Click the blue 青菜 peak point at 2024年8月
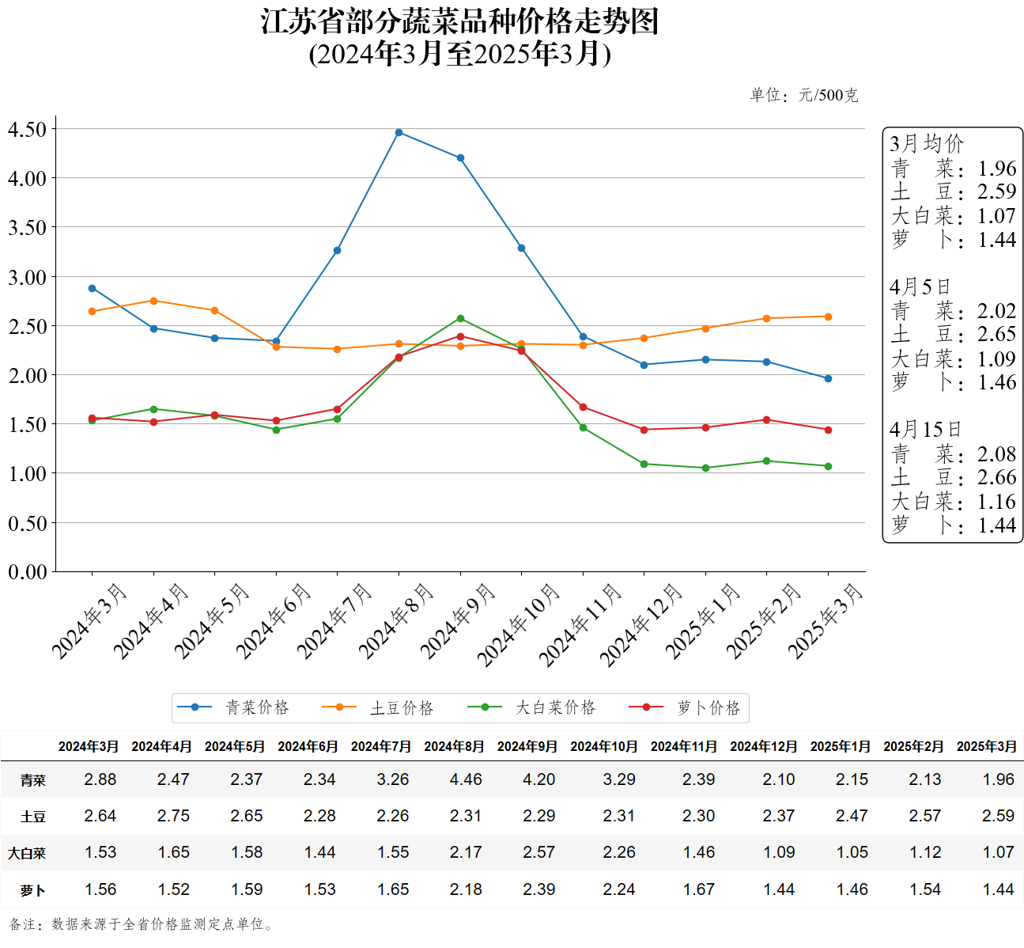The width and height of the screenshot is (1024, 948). (399, 132)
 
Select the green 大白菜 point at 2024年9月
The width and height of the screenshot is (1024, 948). (460, 319)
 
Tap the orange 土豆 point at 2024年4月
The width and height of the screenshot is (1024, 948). (153, 301)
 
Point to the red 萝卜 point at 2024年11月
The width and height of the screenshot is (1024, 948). (583, 408)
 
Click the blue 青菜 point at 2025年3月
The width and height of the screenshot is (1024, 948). (828, 379)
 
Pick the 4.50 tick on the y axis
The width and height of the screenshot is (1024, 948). (28, 129)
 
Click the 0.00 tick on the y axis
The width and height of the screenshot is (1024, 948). (28, 571)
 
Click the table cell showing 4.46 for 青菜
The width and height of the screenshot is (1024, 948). (466, 779)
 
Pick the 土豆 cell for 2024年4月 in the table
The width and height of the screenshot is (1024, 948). (173, 816)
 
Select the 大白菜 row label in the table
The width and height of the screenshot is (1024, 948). (27, 853)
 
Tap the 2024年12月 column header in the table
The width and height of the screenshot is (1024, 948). (763, 746)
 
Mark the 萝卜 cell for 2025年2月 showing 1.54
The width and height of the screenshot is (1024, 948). (925, 889)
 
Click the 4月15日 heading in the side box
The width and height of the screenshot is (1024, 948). (925, 430)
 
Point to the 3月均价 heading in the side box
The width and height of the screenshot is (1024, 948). (927, 144)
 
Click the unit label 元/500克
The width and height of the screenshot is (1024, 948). (828, 96)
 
